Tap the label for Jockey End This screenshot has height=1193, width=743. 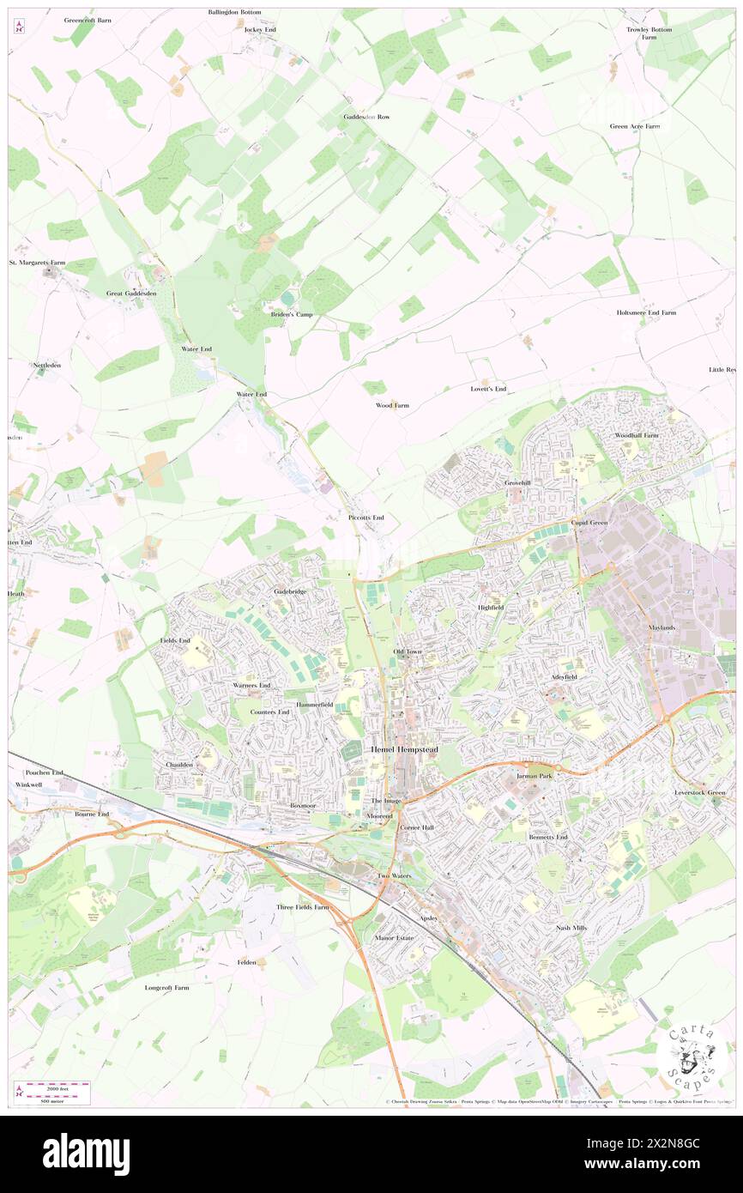tap(260, 29)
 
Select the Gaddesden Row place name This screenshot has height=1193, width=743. tap(366, 116)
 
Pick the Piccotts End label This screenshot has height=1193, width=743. tap(366, 518)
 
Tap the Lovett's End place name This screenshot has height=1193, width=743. tap(488, 389)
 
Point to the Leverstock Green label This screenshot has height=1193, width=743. tap(700, 792)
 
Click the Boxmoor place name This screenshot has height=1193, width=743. tap(303, 806)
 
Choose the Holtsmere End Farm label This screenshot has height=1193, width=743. tap(646, 312)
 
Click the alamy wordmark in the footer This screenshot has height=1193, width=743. tap(86, 1154)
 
